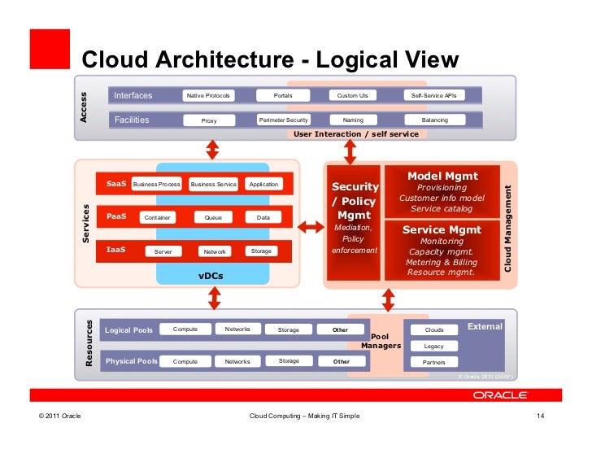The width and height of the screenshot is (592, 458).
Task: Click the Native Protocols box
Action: pyautogui.click(x=207, y=96)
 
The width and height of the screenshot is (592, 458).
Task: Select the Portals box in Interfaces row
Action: pyautogui.click(x=283, y=96)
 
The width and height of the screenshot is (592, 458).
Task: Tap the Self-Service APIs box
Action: pyautogui.click(x=434, y=96)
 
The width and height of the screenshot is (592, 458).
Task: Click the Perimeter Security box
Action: pyautogui.click(x=283, y=120)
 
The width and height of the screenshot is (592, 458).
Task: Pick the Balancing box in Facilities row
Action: pyautogui.click(x=434, y=120)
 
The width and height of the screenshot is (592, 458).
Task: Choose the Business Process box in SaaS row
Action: pyautogui.click(x=156, y=185)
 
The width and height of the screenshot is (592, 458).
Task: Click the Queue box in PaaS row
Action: pyautogui.click(x=213, y=218)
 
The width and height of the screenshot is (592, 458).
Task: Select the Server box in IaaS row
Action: pyautogui.click(x=163, y=251)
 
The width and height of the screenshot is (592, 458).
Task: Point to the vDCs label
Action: pyautogui.click(x=211, y=277)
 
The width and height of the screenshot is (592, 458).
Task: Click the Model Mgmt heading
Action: pyautogui.click(x=442, y=176)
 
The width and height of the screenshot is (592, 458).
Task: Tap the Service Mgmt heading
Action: pyautogui.click(x=442, y=230)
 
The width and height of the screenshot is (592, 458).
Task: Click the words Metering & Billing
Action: pyautogui.click(x=442, y=262)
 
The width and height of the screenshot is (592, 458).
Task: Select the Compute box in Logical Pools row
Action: pyautogui.click(x=185, y=329)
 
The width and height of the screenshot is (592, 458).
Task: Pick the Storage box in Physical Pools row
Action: pyautogui.click(x=289, y=361)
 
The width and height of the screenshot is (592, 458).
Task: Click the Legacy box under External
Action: pyautogui.click(x=434, y=346)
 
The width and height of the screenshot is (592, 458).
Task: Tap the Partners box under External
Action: pyautogui.click(x=434, y=362)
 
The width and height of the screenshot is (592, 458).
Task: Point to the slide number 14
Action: pyautogui.click(x=539, y=417)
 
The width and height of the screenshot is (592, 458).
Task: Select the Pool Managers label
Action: pyautogui.click(x=380, y=341)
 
